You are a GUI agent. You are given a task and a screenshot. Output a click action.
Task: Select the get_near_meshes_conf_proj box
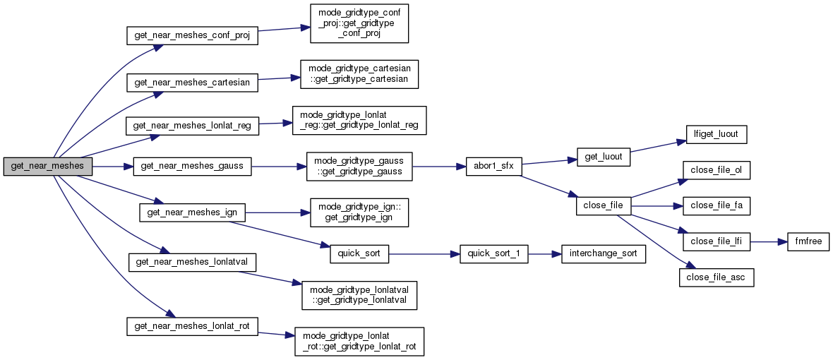coord(191,36)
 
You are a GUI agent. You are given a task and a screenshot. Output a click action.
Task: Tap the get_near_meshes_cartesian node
coord(192,82)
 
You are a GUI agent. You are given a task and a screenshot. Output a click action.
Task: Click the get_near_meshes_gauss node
coord(192,167)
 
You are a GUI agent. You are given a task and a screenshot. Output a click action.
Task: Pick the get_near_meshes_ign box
coord(192,211)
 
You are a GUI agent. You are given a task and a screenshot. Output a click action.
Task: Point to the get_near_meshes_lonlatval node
coord(191,261)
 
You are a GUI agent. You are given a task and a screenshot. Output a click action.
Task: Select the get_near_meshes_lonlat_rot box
coord(192,325)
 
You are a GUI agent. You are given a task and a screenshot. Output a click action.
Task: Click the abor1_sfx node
coord(493,167)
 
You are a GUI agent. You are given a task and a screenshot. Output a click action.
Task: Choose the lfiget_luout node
coord(712,133)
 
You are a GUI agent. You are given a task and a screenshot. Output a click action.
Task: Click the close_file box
coord(602,206)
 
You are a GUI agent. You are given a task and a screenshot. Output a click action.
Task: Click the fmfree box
coord(803,241)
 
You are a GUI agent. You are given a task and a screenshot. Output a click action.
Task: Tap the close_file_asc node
coord(717,278)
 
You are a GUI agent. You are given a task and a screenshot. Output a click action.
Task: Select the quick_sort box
coord(359,254)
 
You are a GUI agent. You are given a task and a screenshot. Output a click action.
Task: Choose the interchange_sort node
coord(603,254)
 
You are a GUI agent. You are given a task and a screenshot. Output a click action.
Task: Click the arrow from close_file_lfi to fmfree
coord(767,241)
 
